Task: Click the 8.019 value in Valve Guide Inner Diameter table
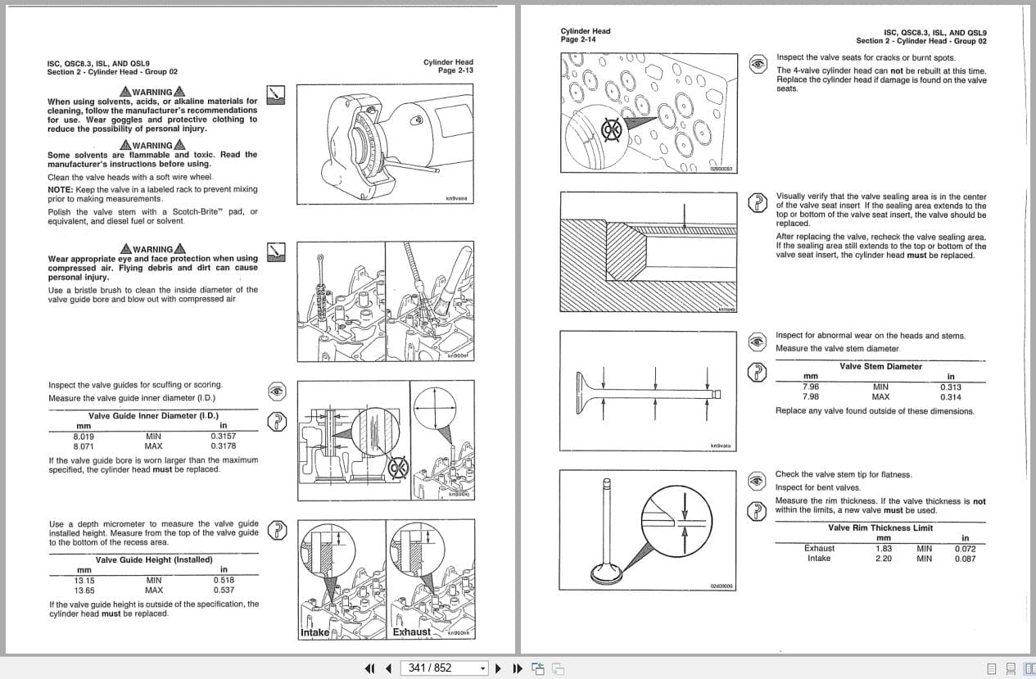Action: pos(84,437)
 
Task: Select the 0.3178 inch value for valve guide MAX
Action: pos(223,446)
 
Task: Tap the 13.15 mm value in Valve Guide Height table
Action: pos(84,580)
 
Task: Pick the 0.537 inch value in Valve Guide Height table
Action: pos(223,590)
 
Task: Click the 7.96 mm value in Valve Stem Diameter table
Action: pos(811,387)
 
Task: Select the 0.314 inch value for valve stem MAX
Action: pos(950,397)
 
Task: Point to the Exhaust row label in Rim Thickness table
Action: pos(819,548)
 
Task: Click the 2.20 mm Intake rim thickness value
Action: pos(883,559)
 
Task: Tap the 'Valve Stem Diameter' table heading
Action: pos(880,366)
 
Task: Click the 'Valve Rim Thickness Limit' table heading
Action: pos(880,528)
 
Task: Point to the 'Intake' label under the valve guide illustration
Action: pos(314,632)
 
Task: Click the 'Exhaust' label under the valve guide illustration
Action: pos(411,631)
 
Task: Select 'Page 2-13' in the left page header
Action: pos(455,70)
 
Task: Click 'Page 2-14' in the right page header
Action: pos(578,39)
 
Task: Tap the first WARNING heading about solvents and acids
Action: pos(152,92)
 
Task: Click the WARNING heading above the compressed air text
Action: pos(152,249)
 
